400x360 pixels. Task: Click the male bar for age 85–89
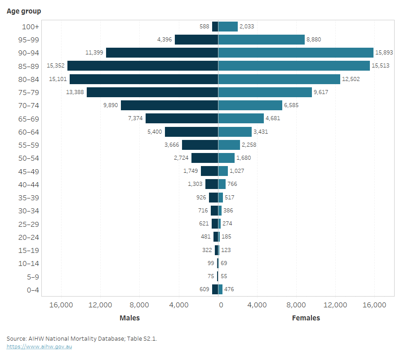click(142, 66)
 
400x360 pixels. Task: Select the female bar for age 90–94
click(296, 53)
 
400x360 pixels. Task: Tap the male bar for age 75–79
click(152, 92)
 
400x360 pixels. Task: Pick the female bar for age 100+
click(228, 27)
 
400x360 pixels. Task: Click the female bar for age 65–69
click(241, 118)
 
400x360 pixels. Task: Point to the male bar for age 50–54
click(204, 158)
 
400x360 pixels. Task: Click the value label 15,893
click(385, 53)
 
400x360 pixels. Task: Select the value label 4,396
click(164, 40)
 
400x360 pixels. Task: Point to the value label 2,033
click(247, 27)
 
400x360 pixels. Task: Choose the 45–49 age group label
click(30, 171)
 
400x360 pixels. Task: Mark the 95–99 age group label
click(30, 40)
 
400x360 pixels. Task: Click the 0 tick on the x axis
click(221, 305)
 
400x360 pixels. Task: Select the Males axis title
click(129, 318)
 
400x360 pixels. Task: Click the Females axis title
click(306, 318)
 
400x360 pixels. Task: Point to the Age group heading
click(24, 11)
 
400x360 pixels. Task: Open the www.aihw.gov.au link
click(39, 346)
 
